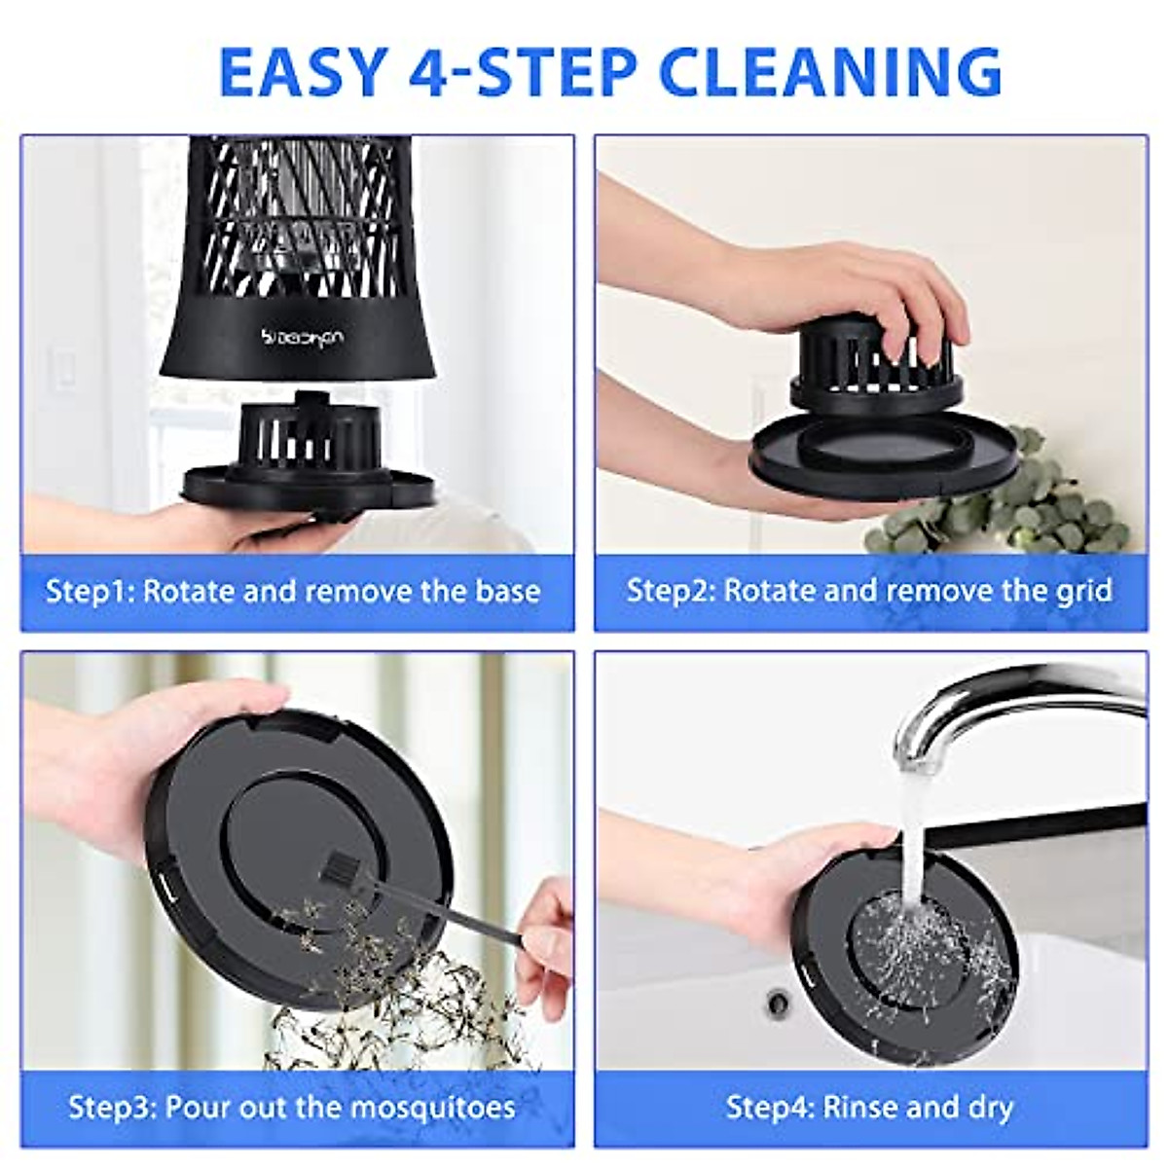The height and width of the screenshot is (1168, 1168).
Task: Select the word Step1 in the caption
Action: pos(90,592)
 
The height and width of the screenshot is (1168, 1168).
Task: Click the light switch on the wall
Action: pos(66,371)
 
